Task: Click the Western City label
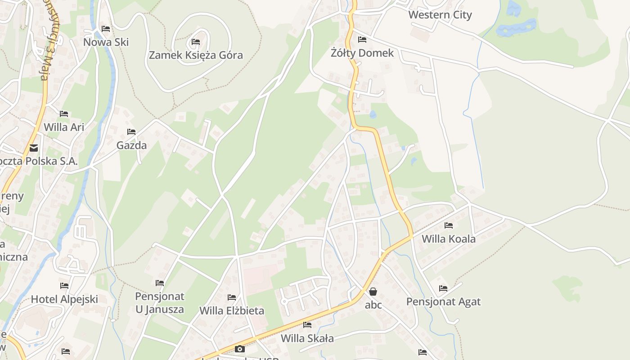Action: (x=440, y=15)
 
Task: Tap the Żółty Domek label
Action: (x=362, y=53)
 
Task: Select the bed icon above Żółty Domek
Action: (x=362, y=40)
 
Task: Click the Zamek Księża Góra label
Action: (x=196, y=55)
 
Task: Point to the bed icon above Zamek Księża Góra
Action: (x=195, y=42)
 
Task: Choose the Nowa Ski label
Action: (x=106, y=42)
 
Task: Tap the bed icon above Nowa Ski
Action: (x=106, y=29)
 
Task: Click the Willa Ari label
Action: (x=64, y=127)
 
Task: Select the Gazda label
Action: (x=131, y=145)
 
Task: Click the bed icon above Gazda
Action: (x=131, y=132)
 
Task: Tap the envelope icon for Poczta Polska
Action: (x=34, y=148)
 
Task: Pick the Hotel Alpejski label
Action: (x=64, y=299)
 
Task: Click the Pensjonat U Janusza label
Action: (x=160, y=303)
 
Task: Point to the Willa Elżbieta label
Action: (x=232, y=311)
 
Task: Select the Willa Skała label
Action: (x=307, y=338)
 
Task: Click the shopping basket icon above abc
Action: (x=373, y=292)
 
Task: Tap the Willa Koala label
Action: (x=448, y=239)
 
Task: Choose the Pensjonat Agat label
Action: (x=443, y=302)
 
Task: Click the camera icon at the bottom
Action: (x=240, y=349)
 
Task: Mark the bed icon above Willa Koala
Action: (x=448, y=225)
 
